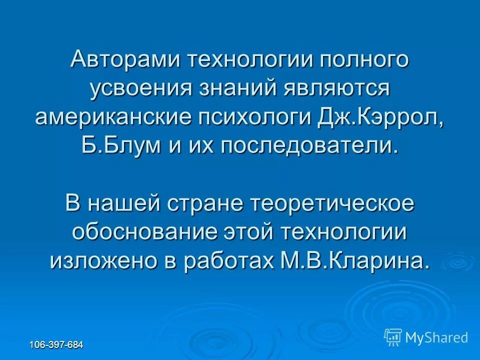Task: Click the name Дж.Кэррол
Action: tap(380, 117)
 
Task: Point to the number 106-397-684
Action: tap(56, 345)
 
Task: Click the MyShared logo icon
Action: tap(392, 336)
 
